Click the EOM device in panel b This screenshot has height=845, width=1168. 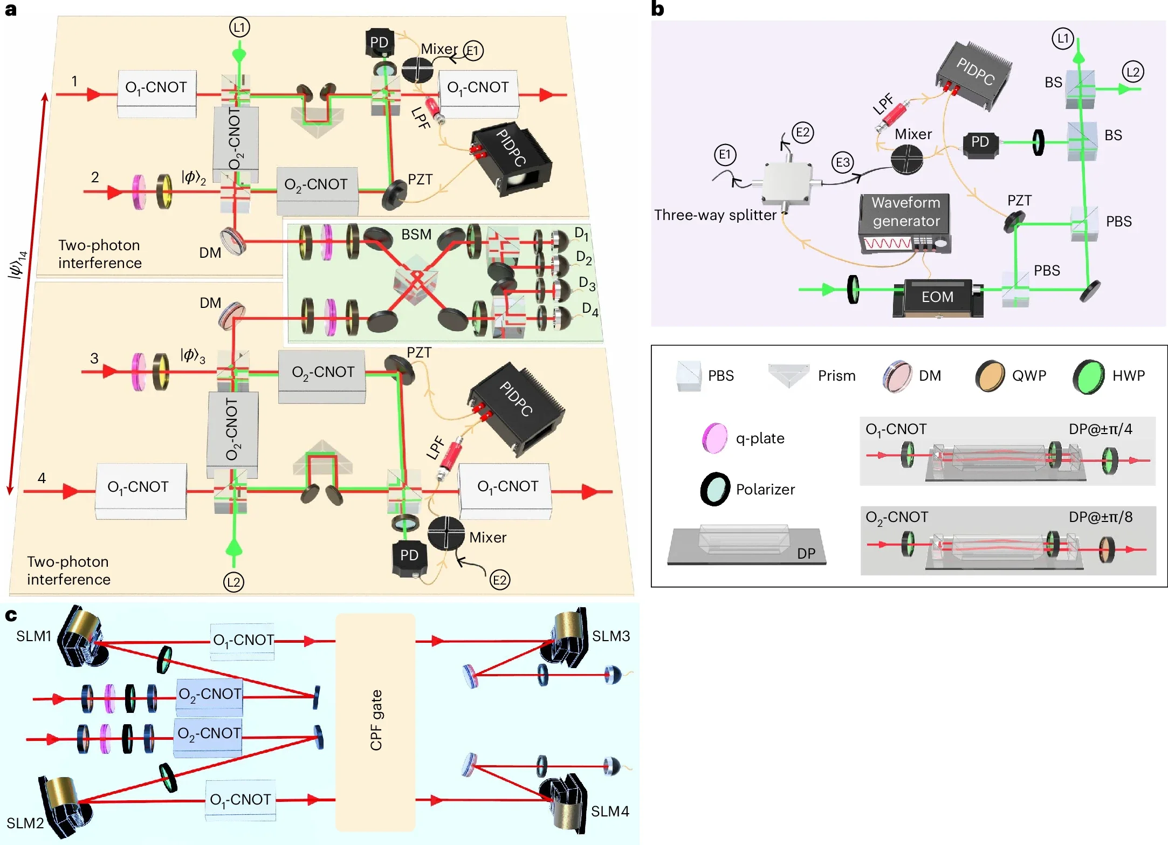click(937, 297)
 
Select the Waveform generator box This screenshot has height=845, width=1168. click(905, 222)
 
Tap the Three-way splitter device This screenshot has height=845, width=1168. click(787, 183)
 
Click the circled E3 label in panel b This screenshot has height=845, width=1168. click(842, 162)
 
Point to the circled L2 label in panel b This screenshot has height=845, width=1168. click(1133, 72)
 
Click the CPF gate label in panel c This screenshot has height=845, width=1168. click(376, 720)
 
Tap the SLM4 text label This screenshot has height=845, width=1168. click(610, 811)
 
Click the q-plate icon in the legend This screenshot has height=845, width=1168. click(714, 438)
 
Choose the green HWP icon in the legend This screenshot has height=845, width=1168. click(1088, 376)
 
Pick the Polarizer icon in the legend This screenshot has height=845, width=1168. click(715, 489)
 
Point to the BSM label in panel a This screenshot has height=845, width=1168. click(416, 235)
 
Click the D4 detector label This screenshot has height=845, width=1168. click(590, 309)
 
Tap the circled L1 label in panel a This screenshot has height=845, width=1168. click(239, 27)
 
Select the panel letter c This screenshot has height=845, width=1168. click(11, 615)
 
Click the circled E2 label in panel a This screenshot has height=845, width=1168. click(499, 580)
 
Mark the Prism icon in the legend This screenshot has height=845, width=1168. click(788, 375)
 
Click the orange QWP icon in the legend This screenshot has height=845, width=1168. click(990, 376)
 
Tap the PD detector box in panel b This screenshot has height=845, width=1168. click(980, 143)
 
